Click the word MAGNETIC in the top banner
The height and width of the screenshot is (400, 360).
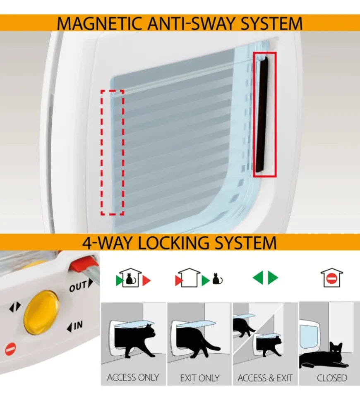tap(100, 24)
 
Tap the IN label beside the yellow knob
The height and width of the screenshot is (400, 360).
tap(75, 326)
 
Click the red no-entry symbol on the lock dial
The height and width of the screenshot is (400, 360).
tap(11, 349)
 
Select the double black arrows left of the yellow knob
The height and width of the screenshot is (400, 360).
tap(15, 307)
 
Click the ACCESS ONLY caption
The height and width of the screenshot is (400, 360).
tap(133, 377)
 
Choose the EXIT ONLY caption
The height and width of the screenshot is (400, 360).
tap(200, 378)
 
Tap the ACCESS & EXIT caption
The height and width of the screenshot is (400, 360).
tap(265, 378)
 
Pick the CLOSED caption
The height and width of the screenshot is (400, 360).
tap(332, 378)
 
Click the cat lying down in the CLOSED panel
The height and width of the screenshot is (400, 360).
tap(324, 357)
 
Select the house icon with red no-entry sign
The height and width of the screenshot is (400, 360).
tap(332, 278)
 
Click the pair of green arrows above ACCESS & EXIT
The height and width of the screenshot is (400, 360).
tap(265, 278)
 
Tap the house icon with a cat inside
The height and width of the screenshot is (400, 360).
tap(130, 278)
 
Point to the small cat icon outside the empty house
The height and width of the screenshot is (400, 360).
tap(217, 279)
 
